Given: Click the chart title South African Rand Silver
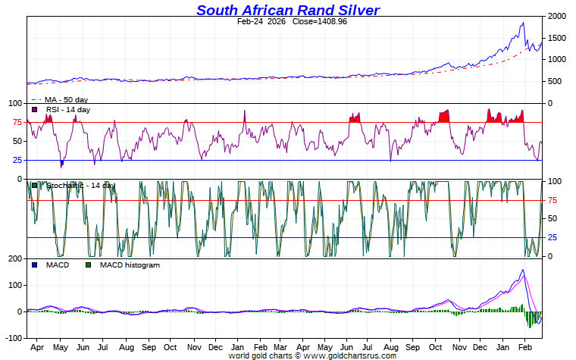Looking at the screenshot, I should point(288,10).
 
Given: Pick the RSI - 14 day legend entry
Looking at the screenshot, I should point(67,110).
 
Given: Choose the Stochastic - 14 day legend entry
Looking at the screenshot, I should point(80,186).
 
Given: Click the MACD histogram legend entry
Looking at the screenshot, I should point(130,265).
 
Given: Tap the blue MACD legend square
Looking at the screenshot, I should point(34,265).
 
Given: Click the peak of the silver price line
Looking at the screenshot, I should point(522,23).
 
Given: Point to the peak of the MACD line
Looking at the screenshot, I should point(522,270).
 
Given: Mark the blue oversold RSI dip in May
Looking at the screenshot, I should point(62,163).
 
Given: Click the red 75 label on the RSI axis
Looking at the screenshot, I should point(16,123).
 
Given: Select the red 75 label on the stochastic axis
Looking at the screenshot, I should point(553,201).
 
